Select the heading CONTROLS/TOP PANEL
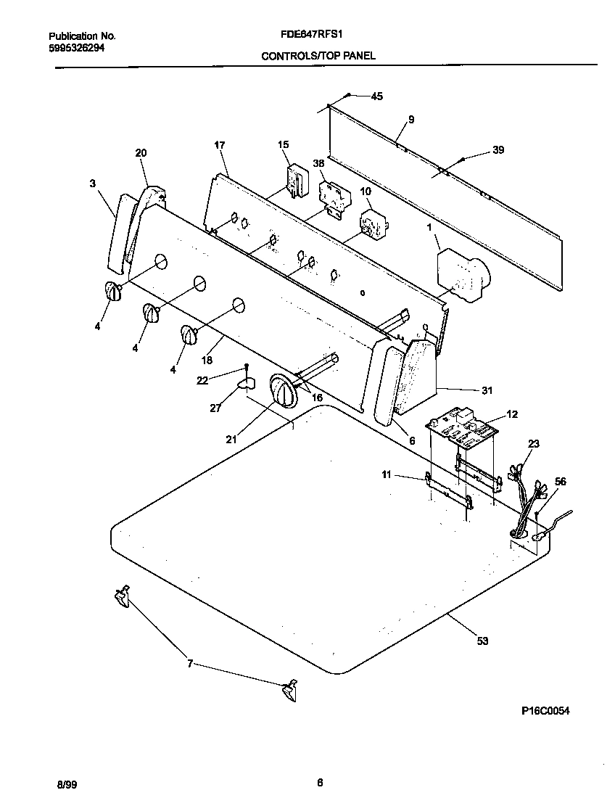318,56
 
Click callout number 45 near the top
376,96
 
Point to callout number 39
498,150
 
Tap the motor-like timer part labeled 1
461,274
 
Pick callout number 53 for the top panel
482,641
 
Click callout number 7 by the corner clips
190,663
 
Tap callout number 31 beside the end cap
487,390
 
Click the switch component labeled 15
295,181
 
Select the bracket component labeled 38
334,197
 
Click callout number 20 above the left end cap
141,152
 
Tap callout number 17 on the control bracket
220,145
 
